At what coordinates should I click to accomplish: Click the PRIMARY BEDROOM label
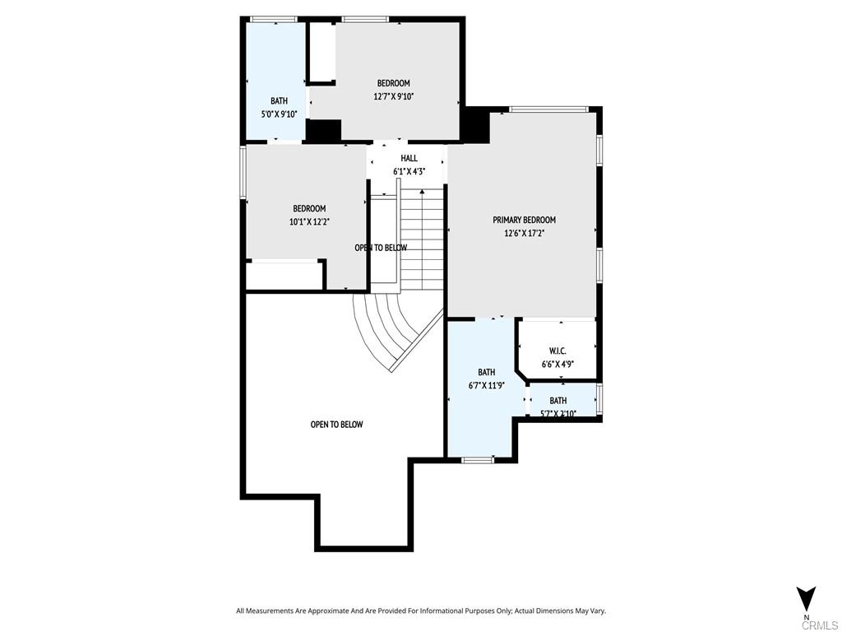tap(524, 220)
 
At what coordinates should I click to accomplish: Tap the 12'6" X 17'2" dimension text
tap(524, 233)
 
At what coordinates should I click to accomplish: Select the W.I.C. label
tap(557, 351)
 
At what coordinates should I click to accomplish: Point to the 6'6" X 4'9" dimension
tap(557, 364)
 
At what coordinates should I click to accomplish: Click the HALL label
tap(409, 158)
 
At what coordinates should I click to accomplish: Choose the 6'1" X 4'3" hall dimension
tap(409, 171)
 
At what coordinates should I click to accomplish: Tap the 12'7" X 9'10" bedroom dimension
tap(393, 96)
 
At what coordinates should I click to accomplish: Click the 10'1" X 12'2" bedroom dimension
tap(309, 221)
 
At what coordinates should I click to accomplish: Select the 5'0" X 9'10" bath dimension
tap(279, 114)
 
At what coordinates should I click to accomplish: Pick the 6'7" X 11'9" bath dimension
tap(486, 385)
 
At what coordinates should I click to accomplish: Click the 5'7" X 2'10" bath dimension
tap(558, 413)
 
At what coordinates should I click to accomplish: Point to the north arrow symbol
tap(806, 597)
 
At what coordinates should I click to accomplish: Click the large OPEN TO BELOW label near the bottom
tap(336, 425)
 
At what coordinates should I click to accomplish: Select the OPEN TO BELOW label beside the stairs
tap(380, 248)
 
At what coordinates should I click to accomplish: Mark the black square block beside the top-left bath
tap(323, 131)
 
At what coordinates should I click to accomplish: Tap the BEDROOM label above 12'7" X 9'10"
tap(393, 83)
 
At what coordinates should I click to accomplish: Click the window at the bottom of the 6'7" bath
tap(477, 459)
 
